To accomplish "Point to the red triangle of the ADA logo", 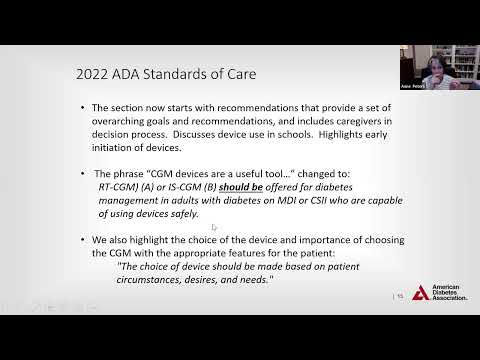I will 421,292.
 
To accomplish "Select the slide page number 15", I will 400,296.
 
